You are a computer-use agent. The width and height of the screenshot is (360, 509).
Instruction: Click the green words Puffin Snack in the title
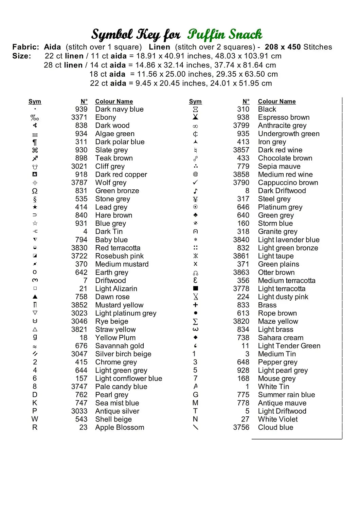(x=224, y=34)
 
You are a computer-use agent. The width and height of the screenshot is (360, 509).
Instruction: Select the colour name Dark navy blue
(x=119, y=109)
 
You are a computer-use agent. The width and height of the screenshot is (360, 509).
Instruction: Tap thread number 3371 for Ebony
(x=79, y=117)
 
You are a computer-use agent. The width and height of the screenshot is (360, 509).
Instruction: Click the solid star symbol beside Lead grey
(x=35, y=207)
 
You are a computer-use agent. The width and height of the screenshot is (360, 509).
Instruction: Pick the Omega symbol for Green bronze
(x=35, y=191)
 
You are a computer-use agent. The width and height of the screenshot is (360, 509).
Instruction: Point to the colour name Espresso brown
(x=284, y=117)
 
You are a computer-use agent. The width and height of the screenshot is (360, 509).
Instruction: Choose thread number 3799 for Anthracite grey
(x=241, y=126)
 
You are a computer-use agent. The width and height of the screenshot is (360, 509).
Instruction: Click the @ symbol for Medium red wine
(x=195, y=174)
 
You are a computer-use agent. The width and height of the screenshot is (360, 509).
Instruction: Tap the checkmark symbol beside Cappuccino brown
(x=195, y=183)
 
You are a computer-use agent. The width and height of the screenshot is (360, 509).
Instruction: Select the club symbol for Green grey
(x=195, y=215)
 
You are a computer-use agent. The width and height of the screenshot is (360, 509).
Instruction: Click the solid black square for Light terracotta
(x=195, y=288)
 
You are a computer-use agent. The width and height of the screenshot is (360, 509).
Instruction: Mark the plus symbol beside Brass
(x=195, y=305)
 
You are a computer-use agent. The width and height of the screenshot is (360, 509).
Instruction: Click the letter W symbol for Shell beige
(x=35, y=419)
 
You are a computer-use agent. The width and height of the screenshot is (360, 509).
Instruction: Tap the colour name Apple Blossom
(x=120, y=428)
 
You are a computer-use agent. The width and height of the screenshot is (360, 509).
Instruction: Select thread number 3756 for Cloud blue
(x=241, y=428)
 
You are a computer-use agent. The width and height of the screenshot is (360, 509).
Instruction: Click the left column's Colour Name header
(x=114, y=101)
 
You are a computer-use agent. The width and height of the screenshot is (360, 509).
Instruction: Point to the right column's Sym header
(x=195, y=101)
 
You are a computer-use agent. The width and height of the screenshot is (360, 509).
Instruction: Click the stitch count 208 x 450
(x=283, y=47)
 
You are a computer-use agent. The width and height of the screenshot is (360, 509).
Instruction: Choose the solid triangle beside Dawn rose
(x=35, y=297)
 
